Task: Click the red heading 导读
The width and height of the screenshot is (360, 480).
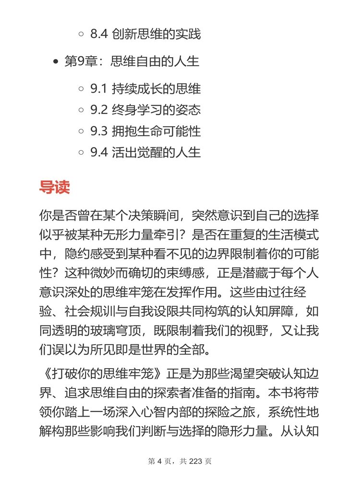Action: (x=54, y=187)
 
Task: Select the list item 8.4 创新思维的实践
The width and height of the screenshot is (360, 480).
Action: (x=145, y=35)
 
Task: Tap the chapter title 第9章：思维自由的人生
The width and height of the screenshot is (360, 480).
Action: (x=132, y=61)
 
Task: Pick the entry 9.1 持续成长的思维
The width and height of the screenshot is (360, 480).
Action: (x=145, y=88)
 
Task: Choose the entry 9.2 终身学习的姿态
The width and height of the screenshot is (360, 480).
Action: (x=145, y=110)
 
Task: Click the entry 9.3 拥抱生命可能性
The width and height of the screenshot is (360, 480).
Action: (x=145, y=131)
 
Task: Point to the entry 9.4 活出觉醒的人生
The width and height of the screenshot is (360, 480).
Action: (x=145, y=153)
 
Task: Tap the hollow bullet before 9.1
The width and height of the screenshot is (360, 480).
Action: (x=81, y=89)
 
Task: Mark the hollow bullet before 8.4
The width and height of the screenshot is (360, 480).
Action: (x=81, y=35)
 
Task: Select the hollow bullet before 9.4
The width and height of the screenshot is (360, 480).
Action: (x=81, y=153)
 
